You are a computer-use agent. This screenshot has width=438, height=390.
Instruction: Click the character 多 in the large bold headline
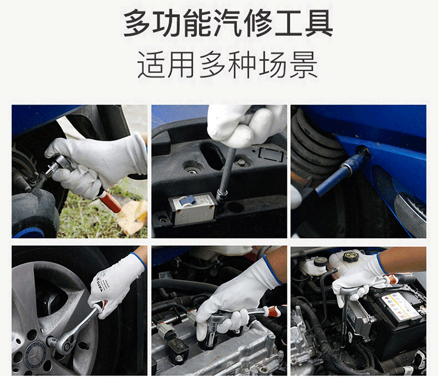[x=137, y=23]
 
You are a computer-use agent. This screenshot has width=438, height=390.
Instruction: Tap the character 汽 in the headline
[x=227, y=23]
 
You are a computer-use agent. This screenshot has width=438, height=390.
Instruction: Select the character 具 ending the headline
[x=319, y=23]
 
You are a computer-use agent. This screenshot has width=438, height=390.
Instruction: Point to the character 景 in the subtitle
[x=304, y=65]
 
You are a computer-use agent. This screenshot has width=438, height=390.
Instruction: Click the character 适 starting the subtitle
[x=151, y=65]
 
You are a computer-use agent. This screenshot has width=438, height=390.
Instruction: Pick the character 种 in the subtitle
[x=242, y=65]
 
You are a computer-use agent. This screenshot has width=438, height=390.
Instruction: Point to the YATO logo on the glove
[x=100, y=284]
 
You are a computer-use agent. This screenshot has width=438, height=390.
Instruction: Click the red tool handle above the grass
[x=111, y=201]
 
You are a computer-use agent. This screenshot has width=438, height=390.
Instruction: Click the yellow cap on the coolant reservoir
[x=350, y=256]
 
